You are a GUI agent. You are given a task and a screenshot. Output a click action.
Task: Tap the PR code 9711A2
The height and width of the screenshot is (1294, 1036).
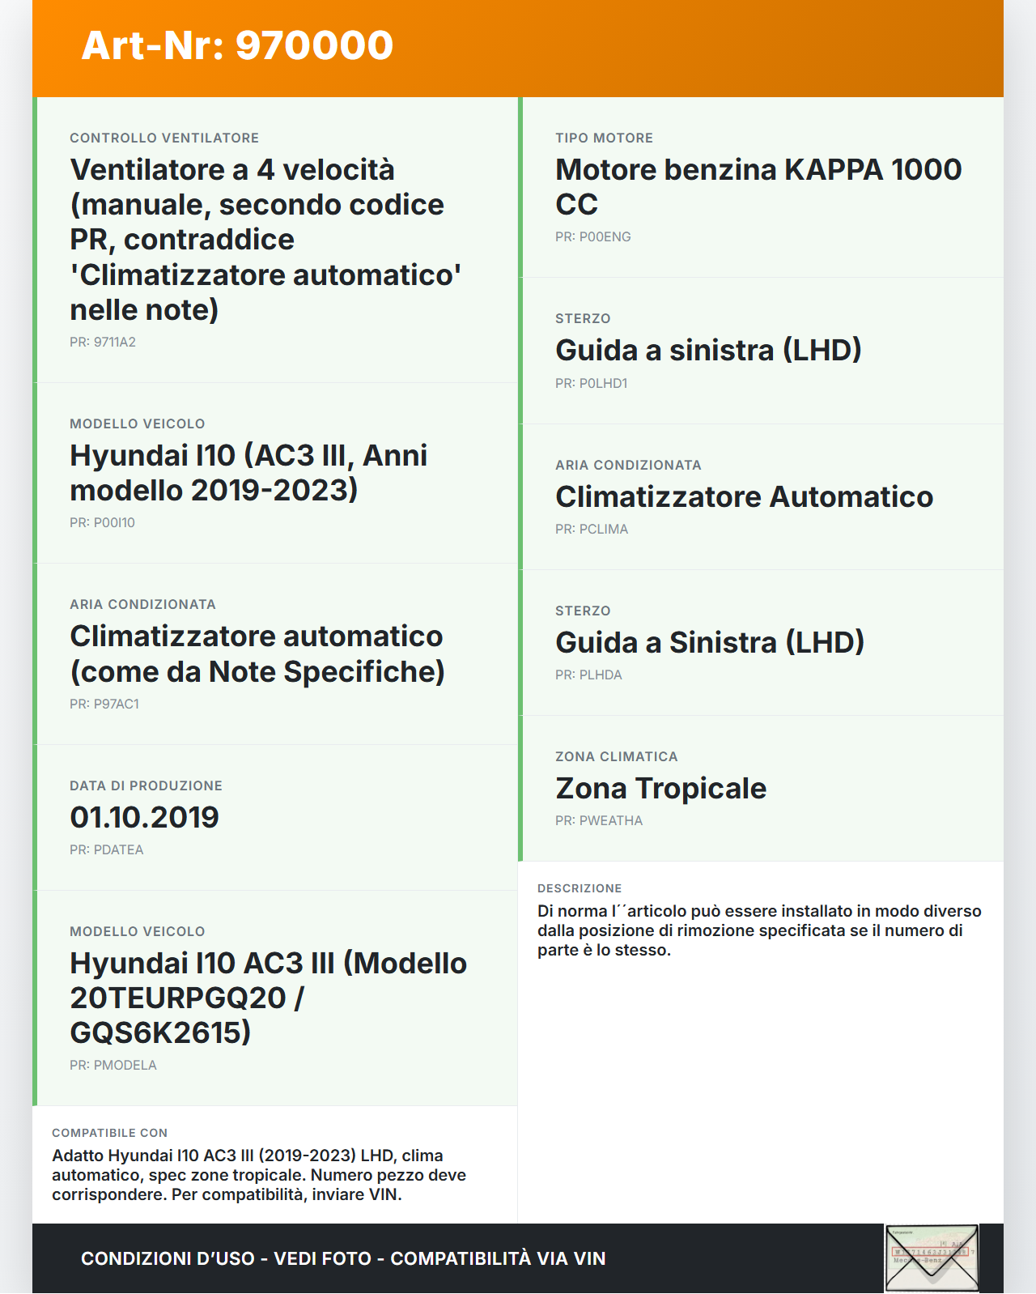coord(103,342)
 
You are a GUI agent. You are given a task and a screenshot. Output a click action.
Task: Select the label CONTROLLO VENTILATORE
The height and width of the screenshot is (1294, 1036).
coord(164,138)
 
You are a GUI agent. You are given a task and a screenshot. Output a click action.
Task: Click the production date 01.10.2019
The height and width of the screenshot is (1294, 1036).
coord(144,817)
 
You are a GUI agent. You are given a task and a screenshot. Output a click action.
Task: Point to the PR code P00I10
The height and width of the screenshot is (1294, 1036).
coord(102,522)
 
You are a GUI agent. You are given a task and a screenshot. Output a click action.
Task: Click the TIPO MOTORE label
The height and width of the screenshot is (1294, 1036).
coord(604,138)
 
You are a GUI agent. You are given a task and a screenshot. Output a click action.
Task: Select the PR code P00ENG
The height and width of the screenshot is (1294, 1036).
coord(593,236)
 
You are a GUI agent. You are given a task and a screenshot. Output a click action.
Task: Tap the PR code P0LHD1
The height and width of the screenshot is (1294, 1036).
coord(592,383)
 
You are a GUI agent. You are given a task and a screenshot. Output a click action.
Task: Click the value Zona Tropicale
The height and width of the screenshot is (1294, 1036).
coord(660,788)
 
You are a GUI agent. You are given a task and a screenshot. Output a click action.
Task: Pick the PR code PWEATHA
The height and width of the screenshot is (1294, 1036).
coord(599,820)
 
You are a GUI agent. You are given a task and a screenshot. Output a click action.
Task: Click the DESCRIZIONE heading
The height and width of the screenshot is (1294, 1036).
coord(580,888)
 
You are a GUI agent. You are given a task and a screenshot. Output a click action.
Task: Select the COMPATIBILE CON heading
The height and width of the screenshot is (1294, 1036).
coord(109,1133)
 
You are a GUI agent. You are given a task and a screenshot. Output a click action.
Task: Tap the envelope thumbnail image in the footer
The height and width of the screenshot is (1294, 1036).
coord(932,1258)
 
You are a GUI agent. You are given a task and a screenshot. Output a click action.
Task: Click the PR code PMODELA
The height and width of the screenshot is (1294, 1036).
coord(113,1065)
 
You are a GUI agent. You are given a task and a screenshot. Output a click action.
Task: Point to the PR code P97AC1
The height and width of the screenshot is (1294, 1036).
coord(104,704)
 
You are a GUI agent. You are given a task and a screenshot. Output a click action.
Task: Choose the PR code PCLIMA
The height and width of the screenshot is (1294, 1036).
coord(592,529)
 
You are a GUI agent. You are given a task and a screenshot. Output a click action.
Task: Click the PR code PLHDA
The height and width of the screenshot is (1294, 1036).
coord(588,675)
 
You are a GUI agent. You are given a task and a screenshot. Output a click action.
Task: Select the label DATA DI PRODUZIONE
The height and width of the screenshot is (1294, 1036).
coord(146,785)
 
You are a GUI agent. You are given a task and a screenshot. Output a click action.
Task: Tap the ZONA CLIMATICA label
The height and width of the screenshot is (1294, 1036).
coord(616,756)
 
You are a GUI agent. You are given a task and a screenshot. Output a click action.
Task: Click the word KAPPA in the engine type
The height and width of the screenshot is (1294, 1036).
coord(834,169)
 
